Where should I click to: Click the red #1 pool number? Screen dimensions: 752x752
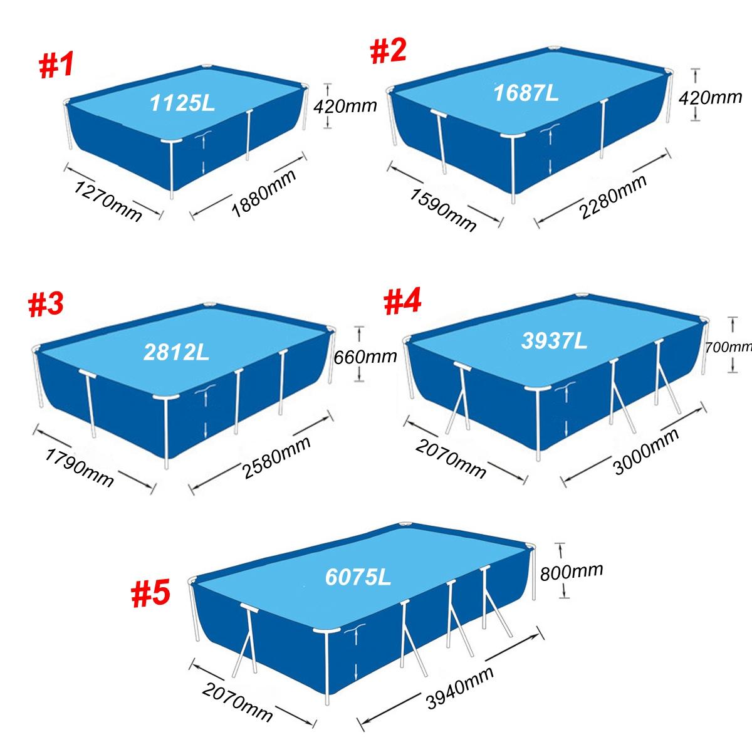[x=56, y=66]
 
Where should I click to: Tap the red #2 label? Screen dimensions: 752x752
[x=388, y=51]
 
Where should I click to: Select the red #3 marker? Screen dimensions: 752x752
[x=46, y=305]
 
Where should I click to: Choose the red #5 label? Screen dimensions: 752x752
[x=150, y=593]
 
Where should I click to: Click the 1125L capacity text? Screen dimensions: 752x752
[x=182, y=103]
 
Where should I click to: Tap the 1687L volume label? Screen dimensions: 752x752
[x=526, y=93]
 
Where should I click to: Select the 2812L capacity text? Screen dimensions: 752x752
[x=176, y=352]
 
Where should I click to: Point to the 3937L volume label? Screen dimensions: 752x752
[x=554, y=340]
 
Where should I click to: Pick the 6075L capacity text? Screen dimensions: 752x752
[x=358, y=577]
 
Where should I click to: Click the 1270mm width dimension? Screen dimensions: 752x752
[x=108, y=201]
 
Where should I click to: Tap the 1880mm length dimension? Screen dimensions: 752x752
[x=264, y=193]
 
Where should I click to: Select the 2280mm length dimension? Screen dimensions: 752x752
[x=612, y=196]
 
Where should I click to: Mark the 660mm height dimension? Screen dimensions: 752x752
[x=365, y=357]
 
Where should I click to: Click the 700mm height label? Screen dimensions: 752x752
[x=728, y=347]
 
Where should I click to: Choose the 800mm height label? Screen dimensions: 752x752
[x=572, y=572]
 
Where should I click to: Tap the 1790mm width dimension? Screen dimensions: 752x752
[x=79, y=467]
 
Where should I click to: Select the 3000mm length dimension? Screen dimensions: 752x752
[x=646, y=451]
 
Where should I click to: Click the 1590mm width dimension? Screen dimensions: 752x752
[x=442, y=209]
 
